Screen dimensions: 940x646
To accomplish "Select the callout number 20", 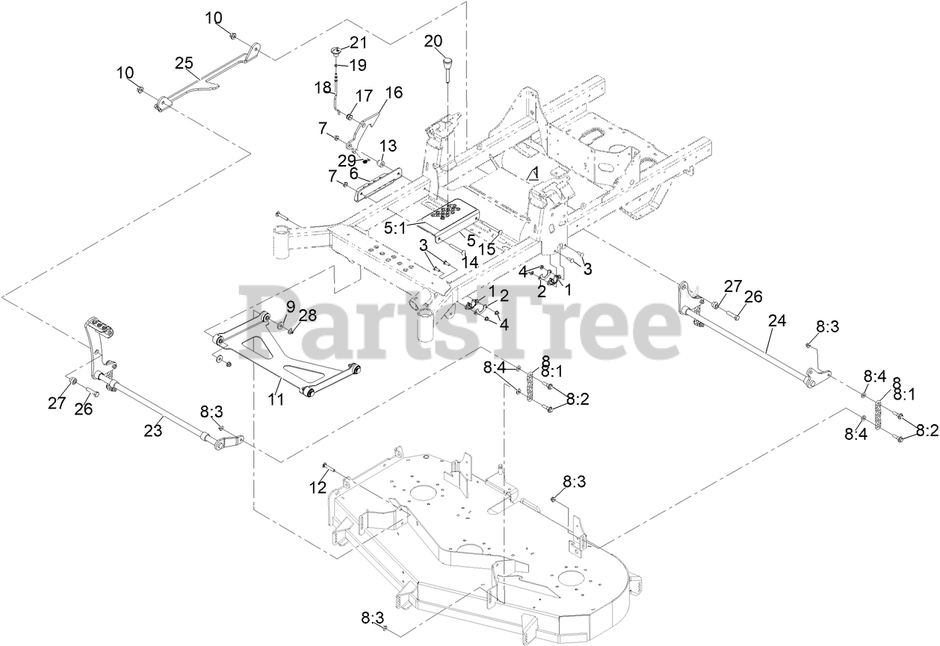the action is pyautogui.click(x=433, y=40).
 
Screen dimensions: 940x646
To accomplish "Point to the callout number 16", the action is pyautogui.click(x=394, y=93).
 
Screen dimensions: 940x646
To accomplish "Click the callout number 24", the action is pyautogui.click(x=777, y=321).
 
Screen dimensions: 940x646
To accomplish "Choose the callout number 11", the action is pyautogui.click(x=276, y=400).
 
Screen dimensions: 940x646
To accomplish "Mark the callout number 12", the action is pyautogui.click(x=318, y=488).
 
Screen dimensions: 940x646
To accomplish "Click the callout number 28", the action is pyautogui.click(x=307, y=315).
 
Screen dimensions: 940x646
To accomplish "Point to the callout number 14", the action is pyautogui.click(x=469, y=263).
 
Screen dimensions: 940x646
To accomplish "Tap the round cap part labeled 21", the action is pyautogui.click(x=333, y=52).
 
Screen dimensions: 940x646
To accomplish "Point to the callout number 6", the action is pyautogui.click(x=354, y=173).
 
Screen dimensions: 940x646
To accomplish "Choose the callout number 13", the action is pyautogui.click(x=388, y=144).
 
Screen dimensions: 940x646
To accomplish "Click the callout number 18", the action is pyautogui.click(x=323, y=88).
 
